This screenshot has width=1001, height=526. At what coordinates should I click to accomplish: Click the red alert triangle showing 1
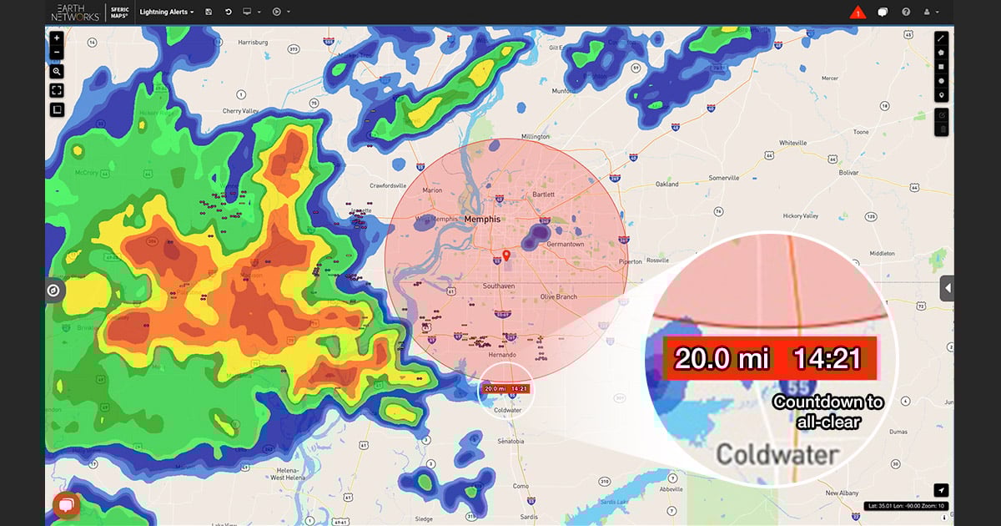click(x=858, y=13)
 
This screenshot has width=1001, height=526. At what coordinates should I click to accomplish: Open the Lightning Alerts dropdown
click(x=166, y=12)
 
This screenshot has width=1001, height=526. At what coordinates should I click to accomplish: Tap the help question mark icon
click(x=906, y=12)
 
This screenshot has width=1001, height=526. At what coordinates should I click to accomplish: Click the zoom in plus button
click(x=57, y=38)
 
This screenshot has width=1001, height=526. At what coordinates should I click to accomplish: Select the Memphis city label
click(x=482, y=219)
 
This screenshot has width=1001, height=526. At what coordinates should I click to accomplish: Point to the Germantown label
click(x=565, y=244)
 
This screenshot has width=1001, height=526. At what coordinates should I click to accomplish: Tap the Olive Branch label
click(x=558, y=296)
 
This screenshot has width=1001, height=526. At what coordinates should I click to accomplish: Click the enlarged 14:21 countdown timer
click(x=827, y=358)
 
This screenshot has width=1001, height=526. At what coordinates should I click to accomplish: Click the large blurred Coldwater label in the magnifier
click(x=777, y=455)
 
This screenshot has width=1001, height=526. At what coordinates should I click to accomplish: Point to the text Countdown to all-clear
click(x=827, y=412)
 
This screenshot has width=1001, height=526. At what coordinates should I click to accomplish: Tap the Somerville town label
click(x=724, y=178)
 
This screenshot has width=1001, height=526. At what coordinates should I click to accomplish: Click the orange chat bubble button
click(x=66, y=504)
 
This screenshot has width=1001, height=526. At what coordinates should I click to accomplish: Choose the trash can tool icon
click(x=941, y=129)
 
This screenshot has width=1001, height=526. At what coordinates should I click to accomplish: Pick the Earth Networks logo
click(x=75, y=12)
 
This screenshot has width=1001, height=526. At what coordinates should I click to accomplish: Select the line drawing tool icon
click(x=941, y=38)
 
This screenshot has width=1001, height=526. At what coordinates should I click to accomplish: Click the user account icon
click(x=928, y=12)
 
